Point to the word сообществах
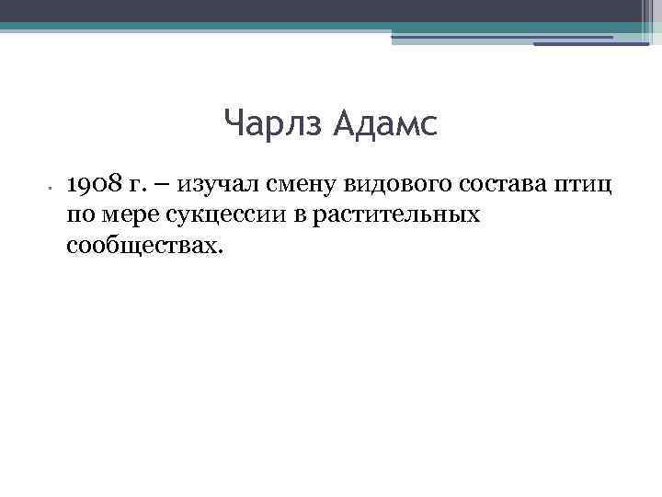144,246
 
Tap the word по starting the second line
78,215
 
